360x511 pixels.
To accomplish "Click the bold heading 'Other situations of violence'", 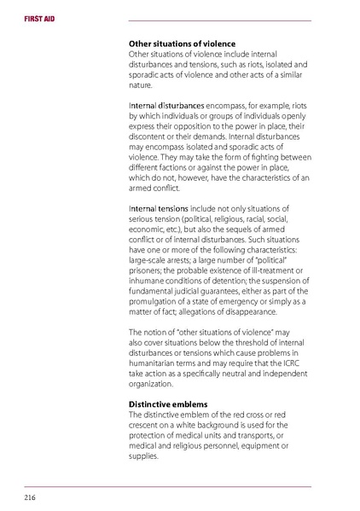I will [x=182, y=44].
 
